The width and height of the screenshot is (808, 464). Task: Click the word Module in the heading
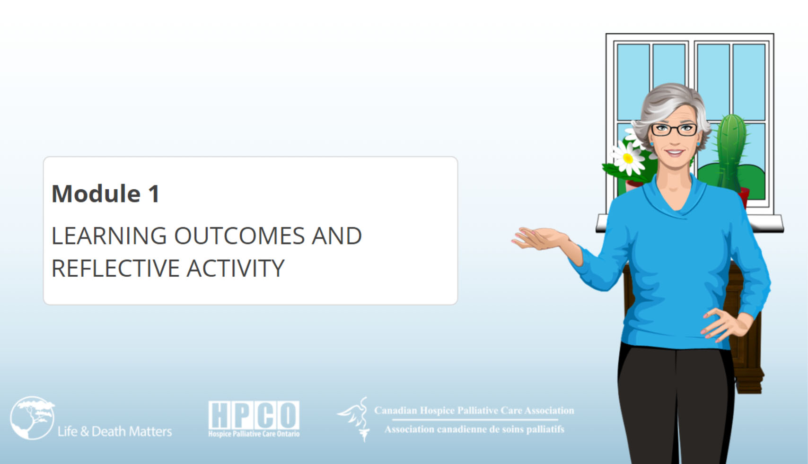point(96,193)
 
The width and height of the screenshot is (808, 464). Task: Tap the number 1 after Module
point(154,193)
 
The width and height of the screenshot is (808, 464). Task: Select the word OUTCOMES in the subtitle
point(239,236)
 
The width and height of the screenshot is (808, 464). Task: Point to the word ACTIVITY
point(236,268)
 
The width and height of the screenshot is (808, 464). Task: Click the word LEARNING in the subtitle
point(109,236)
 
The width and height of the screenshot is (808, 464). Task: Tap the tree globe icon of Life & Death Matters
point(33,418)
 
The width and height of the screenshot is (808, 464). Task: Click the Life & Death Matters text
point(114,431)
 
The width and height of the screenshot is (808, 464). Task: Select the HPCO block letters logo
point(254,415)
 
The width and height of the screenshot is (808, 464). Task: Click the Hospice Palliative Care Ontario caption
point(254,434)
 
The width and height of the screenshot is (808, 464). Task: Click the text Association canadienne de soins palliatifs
point(474,429)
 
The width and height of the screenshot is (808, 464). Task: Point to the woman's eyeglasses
point(674,130)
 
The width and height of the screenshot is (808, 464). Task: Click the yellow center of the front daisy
point(628,158)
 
